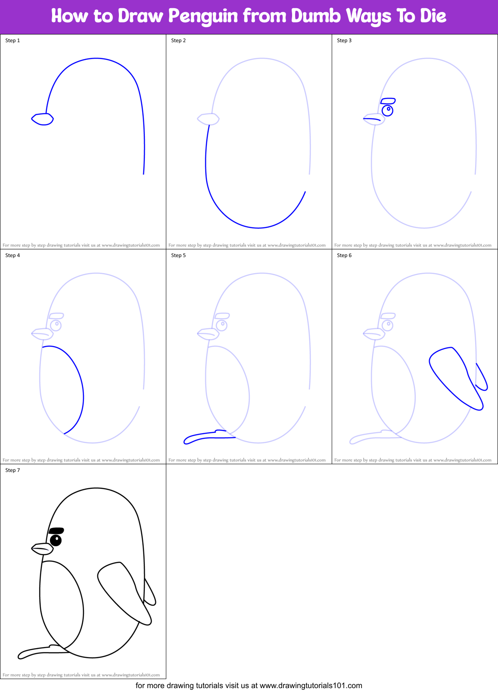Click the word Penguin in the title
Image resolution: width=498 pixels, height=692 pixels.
[x=203, y=16]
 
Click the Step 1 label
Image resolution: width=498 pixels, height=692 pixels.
[x=12, y=40]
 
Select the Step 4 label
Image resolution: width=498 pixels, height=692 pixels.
[x=12, y=255]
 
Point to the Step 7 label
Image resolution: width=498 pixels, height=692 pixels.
[x=12, y=470]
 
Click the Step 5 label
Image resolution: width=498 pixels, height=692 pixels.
[x=178, y=255]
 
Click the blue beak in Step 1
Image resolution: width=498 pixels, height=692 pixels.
[x=43, y=119]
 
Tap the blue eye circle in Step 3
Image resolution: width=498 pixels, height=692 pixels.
[x=387, y=111]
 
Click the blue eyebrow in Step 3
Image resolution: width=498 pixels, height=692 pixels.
[x=388, y=101]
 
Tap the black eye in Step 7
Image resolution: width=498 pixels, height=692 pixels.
[x=56, y=540]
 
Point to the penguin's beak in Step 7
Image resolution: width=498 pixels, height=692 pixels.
[x=43, y=549]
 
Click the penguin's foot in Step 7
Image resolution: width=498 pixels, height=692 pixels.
[x=41, y=652]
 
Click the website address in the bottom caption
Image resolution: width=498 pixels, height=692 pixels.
[x=311, y=686]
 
